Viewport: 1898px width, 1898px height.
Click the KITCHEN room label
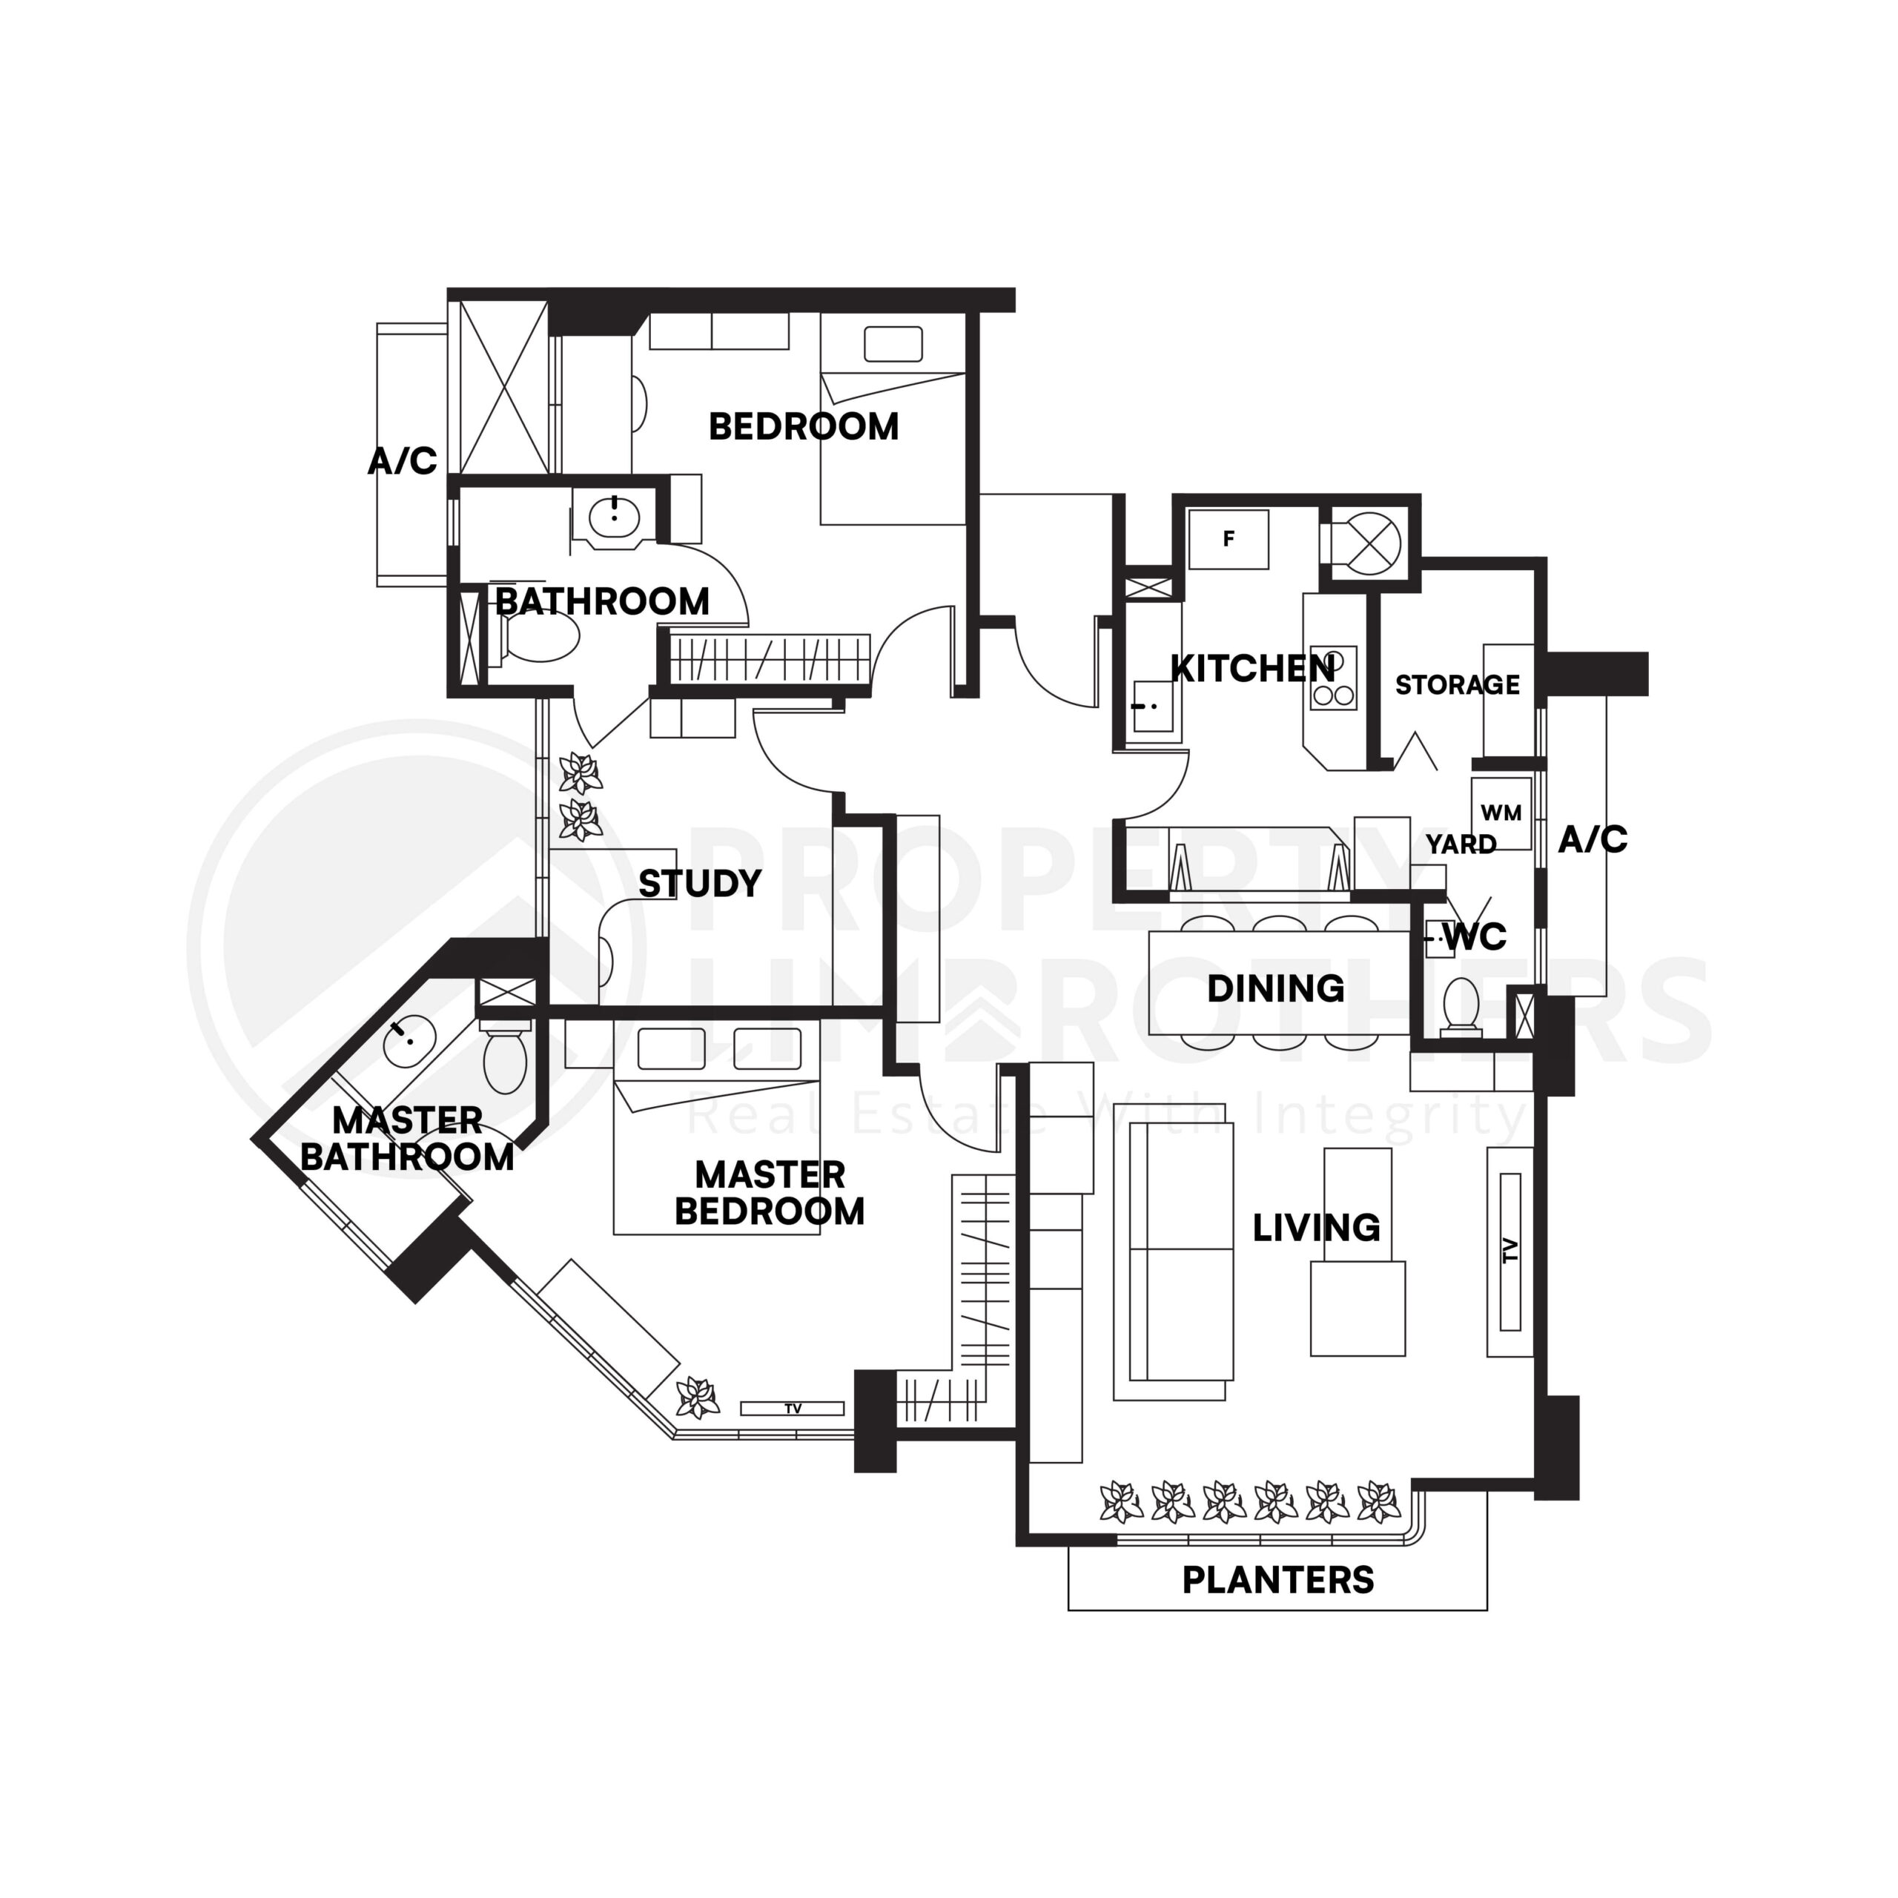coord(1252,669)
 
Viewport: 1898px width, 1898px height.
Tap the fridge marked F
coord(1228,538)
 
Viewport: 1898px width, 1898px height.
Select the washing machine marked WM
coord(1500,813)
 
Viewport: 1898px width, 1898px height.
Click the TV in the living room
coord(1510,1251)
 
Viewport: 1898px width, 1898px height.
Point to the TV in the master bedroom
coord(792,1408)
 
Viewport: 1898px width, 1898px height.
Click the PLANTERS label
coord(1277,1580)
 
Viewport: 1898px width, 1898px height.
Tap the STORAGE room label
coord(1457,685)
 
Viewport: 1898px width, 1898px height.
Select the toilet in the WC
coord(1461,1007)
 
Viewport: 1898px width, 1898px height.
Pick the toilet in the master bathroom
coord(505,1059)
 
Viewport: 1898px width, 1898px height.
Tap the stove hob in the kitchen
coord(1333,678)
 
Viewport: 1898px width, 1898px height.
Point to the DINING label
coord(1275,988)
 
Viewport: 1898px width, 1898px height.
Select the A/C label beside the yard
coord(1593,840)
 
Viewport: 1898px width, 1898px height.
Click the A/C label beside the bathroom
coord(402,460)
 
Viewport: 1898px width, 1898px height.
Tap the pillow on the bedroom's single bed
coord(892,345)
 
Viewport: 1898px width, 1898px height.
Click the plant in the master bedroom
coord(698,1397)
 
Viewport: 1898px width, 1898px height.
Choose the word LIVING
coord(1317,1228)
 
